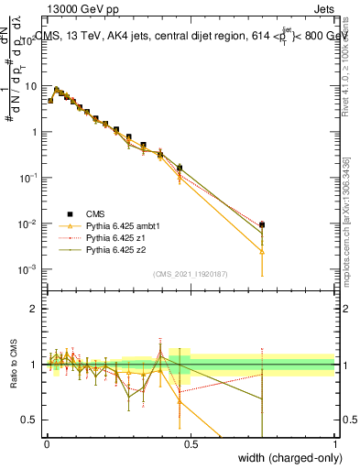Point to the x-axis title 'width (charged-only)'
pos(285,458)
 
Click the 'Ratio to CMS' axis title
pos(13,365)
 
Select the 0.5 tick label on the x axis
pos(191,443)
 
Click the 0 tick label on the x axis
pos(47,443)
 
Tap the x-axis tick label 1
pos(335,443)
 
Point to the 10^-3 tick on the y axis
pos(31,269)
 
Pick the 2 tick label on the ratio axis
pos(37,309)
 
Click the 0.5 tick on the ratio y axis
pos(33,420)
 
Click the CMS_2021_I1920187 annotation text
pos(190,274)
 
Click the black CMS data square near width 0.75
pos(263,224)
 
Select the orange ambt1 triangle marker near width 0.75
pos(263,250)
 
